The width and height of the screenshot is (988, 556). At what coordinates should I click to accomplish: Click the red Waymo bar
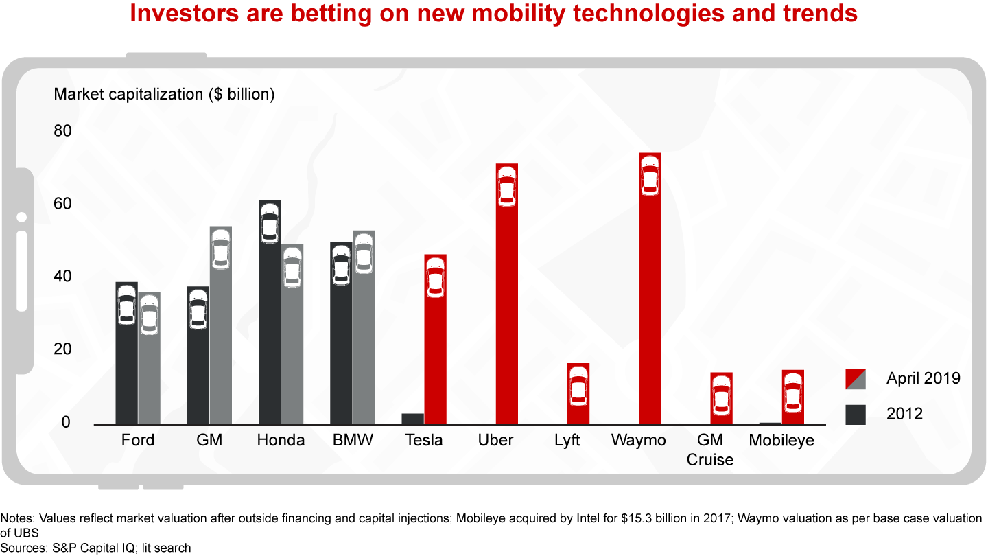(650, 288)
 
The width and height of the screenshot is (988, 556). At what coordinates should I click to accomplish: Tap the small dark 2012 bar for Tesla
(412, 419)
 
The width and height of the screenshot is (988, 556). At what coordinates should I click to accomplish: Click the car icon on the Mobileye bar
(793, 393)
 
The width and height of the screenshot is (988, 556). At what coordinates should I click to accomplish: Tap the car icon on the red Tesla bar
(436, 277)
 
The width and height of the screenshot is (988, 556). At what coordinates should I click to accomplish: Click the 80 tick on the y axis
(62, 131)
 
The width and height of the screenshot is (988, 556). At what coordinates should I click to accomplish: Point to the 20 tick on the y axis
(62, 349)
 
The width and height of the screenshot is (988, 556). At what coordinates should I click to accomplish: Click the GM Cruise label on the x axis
(710, 450)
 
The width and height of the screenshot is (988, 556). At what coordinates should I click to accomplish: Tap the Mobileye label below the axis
(781, 441)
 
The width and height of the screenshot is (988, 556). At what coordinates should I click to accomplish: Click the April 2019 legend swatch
(856, 379)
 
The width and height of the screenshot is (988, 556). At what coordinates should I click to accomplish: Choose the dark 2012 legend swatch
(856, 414)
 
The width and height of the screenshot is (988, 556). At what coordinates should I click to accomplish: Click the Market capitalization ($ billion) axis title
(164, 95)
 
